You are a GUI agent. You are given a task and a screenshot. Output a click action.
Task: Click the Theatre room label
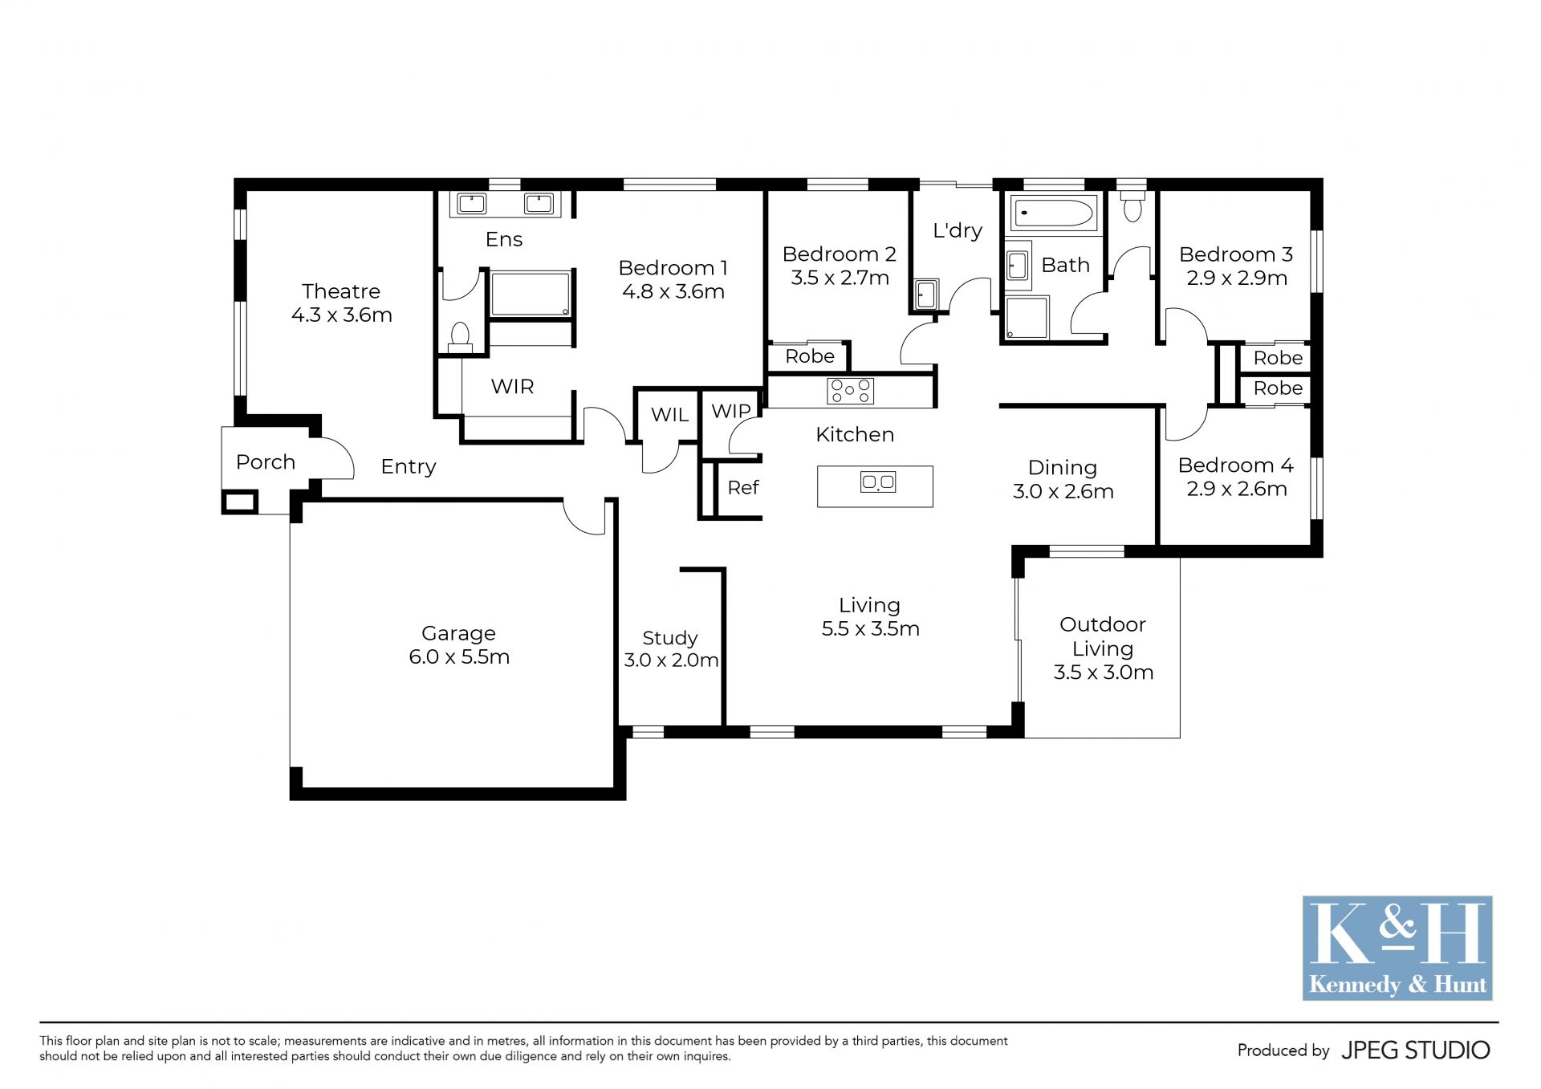[x=341, y=291]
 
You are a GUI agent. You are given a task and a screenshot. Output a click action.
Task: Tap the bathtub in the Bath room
[x=1053, y=213]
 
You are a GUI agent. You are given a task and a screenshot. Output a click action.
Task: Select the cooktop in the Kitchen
[x=850, y=391]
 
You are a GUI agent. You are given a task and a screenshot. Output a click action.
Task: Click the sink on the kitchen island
[x=877, y=482]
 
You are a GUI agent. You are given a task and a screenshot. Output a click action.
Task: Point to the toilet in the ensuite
[x=460, y=337]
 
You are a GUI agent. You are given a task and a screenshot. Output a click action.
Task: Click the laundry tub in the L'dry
[x=925, y=295]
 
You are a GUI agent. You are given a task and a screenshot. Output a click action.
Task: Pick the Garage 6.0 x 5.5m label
[x=459, y=645]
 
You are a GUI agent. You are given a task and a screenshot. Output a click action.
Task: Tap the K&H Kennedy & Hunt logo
[x=1397, y=948]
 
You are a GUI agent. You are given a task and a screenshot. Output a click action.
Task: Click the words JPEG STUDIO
[x=1416, y=1050]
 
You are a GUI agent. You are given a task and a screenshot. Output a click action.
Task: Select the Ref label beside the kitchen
[x=743, y=487]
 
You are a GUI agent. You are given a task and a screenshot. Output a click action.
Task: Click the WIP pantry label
[x=731, y=411]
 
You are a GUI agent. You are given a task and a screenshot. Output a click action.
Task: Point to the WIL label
[x=669, y=415]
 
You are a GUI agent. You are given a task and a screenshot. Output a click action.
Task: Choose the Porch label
[x=266, y=462]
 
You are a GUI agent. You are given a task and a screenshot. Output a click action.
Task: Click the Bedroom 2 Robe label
[x=810, y=356]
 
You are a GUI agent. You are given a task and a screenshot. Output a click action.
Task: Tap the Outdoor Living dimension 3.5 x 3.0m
[x=1104, y=672]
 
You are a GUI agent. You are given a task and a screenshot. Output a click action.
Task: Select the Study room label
[x=670, y=639]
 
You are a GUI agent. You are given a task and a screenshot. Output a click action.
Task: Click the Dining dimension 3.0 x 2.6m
[x=1063, y=491]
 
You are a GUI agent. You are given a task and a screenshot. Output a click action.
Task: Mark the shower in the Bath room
[x=1027, y=318]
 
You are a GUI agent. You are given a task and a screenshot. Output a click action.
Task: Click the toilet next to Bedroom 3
[x=1132, y=205]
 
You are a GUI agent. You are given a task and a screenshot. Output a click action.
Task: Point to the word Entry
[x=409, y=467]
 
